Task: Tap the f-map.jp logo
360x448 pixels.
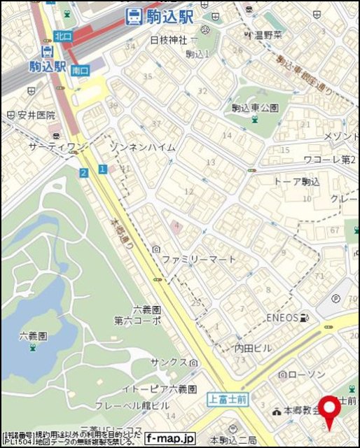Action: [170, 438]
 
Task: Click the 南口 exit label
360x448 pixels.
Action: [80, 70]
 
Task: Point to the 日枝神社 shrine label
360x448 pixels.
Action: [169, 40]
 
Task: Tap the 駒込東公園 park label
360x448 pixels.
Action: [255, 108]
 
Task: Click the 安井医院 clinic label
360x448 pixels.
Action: [36, 115]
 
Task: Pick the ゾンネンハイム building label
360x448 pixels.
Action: [143, 146]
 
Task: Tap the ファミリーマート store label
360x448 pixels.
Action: [199, 259]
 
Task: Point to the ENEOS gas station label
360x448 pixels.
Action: [282, 317]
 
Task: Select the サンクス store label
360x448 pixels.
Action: [169, 362]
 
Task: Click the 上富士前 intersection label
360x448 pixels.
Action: [228, 399]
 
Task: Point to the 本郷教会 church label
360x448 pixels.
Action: [301, 411]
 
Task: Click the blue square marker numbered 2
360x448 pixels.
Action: [83, 172]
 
